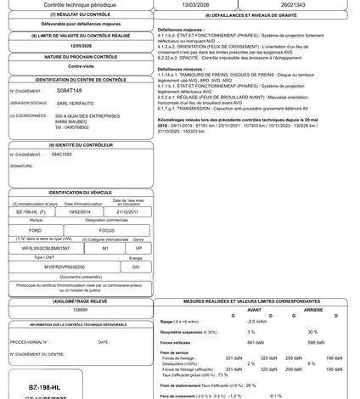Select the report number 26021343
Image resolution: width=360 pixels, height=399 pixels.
(303, 4)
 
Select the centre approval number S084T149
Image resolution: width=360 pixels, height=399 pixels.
(69, 89)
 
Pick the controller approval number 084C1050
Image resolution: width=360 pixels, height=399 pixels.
(63, 156)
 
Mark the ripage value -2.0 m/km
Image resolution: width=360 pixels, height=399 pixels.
(256, 322)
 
